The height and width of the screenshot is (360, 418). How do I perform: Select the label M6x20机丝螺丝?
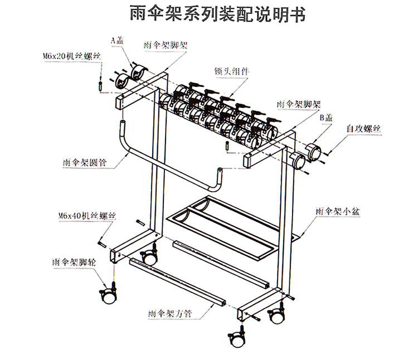pos(71,56)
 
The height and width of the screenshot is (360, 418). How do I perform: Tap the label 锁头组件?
pos(231,71)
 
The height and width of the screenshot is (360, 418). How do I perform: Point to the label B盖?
pos(326,117)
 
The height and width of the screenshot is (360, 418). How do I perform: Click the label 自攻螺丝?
pos(364,129)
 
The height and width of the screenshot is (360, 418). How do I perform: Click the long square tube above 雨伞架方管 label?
pos(178,281)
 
